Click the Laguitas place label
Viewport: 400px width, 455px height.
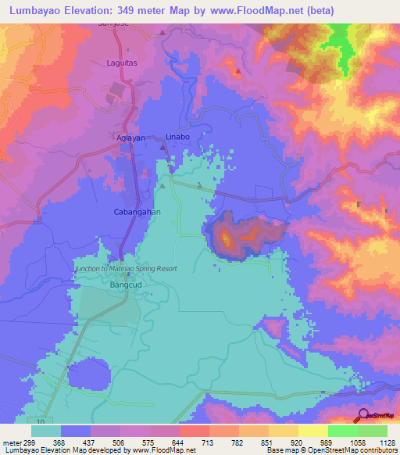(121, 63)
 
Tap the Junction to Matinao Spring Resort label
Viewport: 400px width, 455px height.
(126, 268)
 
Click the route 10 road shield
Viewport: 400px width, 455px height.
(40, 422)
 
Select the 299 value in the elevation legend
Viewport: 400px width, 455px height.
(22, 442)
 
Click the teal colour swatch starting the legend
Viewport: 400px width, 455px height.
(46, 431)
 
